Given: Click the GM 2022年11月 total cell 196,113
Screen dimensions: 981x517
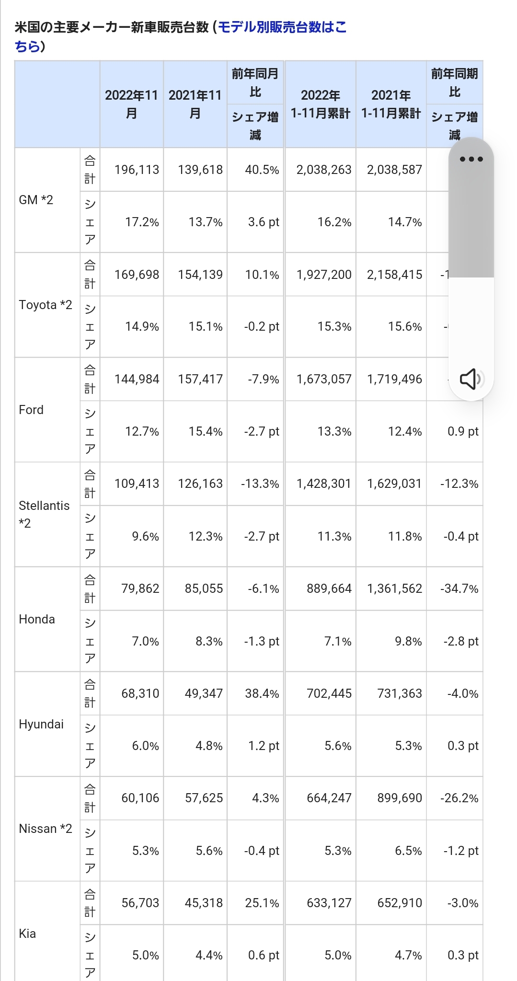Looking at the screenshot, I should pos(137,170).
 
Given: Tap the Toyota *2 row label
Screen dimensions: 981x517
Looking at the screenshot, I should pos(46,305).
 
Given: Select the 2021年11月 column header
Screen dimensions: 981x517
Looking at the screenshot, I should pos(195,104).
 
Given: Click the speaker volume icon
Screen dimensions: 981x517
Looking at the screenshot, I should pos(471,379).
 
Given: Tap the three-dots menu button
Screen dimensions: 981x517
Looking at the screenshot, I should pos(471,159).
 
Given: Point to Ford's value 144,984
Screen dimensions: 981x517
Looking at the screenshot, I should pos(137,379).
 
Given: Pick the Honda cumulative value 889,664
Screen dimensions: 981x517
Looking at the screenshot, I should pos(329,589).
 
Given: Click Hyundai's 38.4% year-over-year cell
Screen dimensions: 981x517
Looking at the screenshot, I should pos(262,693).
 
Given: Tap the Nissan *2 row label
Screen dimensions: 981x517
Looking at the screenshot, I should pos(46,829).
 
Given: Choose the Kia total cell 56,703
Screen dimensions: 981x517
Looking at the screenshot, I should pos(140,903).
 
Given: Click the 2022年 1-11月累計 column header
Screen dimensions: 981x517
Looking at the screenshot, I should pos(321,104).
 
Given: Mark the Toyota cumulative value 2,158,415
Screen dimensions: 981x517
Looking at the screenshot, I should pos(394,275).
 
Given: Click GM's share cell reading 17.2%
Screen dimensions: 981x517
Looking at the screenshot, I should pos(142,222).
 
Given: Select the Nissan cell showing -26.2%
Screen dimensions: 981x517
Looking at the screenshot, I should pos(459,798).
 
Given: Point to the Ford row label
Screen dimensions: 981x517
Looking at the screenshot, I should pos(31,410).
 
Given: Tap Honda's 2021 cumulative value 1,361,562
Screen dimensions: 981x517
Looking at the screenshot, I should pos(394,589).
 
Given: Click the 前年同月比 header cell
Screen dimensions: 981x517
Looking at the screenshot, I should pos(255,82).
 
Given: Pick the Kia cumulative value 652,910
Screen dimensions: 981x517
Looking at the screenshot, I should pos(400,903).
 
